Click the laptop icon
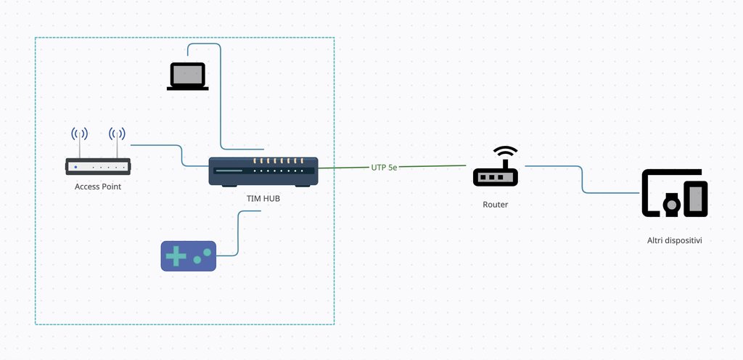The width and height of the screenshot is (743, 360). click(188, 76)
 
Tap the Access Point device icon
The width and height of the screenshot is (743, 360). click(98, 166)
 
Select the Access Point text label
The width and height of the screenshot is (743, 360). click(98, 187)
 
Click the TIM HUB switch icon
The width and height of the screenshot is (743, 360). click(263, 171)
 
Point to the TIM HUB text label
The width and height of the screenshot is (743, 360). click(263, 197)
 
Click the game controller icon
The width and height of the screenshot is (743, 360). click(188, 255)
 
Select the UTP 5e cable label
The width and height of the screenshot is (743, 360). click(384, 167)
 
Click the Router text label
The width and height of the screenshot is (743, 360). click(496, 205)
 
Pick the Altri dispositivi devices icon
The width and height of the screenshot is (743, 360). click(675, 193)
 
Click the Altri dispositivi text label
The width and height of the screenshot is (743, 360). click(675, 240)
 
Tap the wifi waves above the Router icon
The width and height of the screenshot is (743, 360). click(506, 152)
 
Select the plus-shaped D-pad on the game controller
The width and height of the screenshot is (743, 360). click(175, 255)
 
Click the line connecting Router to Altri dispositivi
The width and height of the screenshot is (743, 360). click(583, 179)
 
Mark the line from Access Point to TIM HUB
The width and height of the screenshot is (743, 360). click(181, 154)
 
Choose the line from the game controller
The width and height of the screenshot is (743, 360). click(239, 232)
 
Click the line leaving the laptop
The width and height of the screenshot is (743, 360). click(221, 94)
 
